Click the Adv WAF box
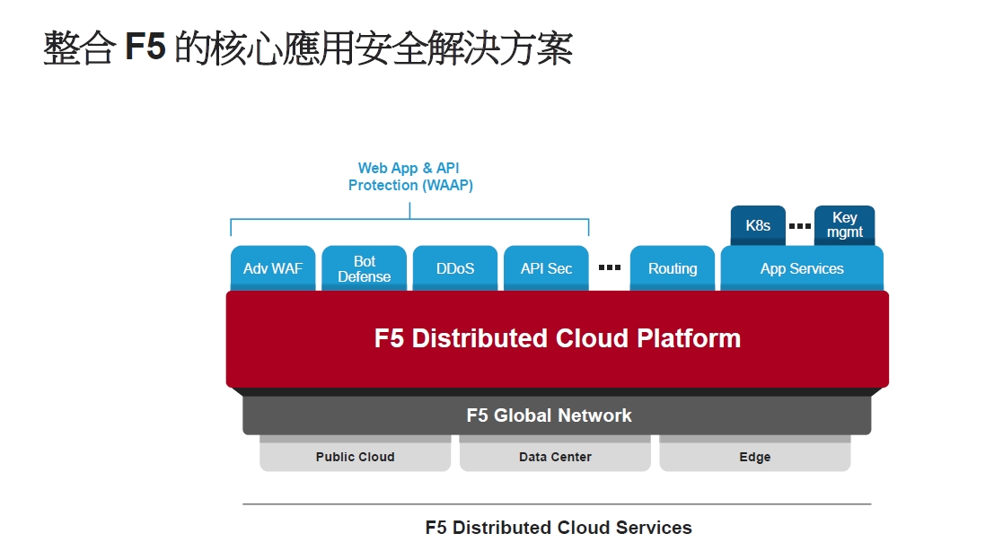point(273,268)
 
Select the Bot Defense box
point(364,268)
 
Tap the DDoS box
point(454,268)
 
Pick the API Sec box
point(546,268)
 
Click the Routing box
point(673,268)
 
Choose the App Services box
point(802,268)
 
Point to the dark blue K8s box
point(758,225)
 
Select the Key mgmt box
point(844,225)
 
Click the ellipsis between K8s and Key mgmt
point(799,225)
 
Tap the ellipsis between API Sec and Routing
point(610,267)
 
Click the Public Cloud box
point(355,456)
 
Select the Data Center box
point(555,456)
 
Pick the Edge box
point(755,456)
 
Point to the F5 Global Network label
point(549,415)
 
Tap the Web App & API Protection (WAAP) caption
point(410,177)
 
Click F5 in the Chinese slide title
point(145,47)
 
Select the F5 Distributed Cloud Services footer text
point(559,528)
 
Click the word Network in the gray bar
point(595,415)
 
